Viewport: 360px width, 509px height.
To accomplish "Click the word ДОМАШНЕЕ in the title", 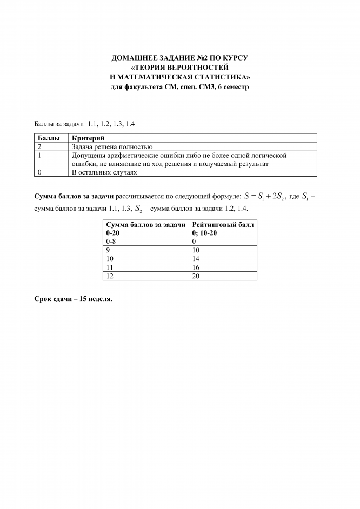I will click(134, 57).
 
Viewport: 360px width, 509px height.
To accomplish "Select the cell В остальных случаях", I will click(101, 172).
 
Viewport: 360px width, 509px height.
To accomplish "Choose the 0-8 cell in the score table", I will click(111, 241).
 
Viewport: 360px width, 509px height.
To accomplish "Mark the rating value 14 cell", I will click(196, 258).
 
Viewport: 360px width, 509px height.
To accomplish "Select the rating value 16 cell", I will click(196, 267).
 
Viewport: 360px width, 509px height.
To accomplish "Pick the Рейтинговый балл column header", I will click(223, 224).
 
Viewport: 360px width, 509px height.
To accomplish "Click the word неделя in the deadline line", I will click(98, 299).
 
